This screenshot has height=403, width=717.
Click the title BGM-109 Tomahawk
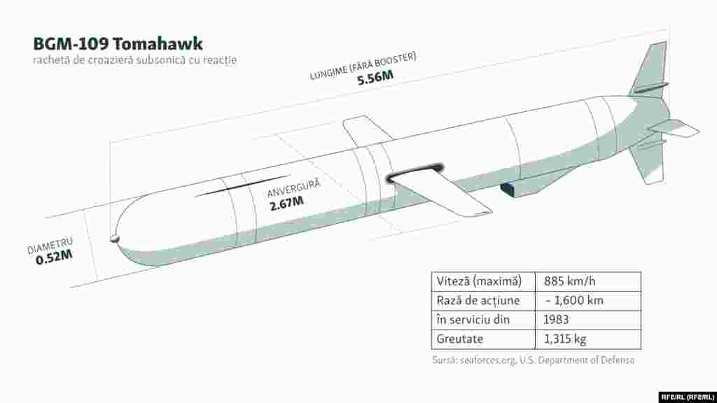[x=118, y=44]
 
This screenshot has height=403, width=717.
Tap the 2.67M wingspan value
[x=286, y=203]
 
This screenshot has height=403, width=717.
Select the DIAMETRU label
[x=50, y=246]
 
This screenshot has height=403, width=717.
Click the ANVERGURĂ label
[x=293, y=188]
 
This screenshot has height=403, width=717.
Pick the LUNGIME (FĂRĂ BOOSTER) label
[x=363, y=66]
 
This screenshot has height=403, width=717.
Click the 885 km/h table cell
[x=569, y=281]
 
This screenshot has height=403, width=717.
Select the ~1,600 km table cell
[x=574, y=300]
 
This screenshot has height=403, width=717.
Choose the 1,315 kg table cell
[x=565, y=339]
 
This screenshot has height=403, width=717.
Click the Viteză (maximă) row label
[x=479, y=281]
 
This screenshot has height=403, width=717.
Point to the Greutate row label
[x=459, y=339]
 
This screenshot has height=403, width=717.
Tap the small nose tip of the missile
[x=114, y=239]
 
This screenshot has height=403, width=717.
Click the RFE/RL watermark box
[x=687, y=397]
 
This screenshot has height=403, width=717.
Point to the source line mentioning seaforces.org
[x=533, y=360]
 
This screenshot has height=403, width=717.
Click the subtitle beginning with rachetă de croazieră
[x=134, y=60]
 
